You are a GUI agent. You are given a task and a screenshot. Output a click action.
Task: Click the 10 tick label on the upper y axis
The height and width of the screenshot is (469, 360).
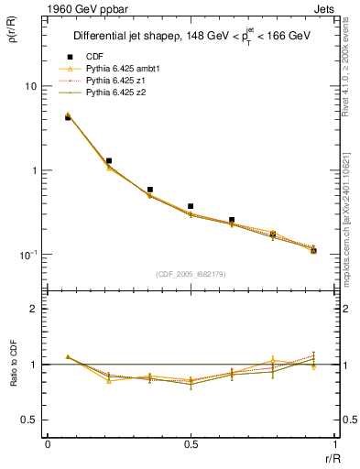(30, 86)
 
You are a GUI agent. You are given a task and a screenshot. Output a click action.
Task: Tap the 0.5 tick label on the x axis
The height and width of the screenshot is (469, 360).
(191, 444)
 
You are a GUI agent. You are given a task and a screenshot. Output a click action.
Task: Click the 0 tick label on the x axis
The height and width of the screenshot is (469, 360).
(48, 444)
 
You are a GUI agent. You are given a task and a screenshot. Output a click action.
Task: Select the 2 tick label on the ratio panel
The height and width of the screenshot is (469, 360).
(36, 310)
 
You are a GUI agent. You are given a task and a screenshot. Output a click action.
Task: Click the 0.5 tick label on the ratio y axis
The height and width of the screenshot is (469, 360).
(30, 420)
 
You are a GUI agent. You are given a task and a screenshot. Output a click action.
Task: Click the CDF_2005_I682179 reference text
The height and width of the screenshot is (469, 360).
(191, 273)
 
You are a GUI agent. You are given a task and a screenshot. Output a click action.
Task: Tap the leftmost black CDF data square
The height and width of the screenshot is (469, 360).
(68, 117)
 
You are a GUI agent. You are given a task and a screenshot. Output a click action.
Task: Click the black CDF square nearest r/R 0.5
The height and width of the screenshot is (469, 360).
(191, 206)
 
